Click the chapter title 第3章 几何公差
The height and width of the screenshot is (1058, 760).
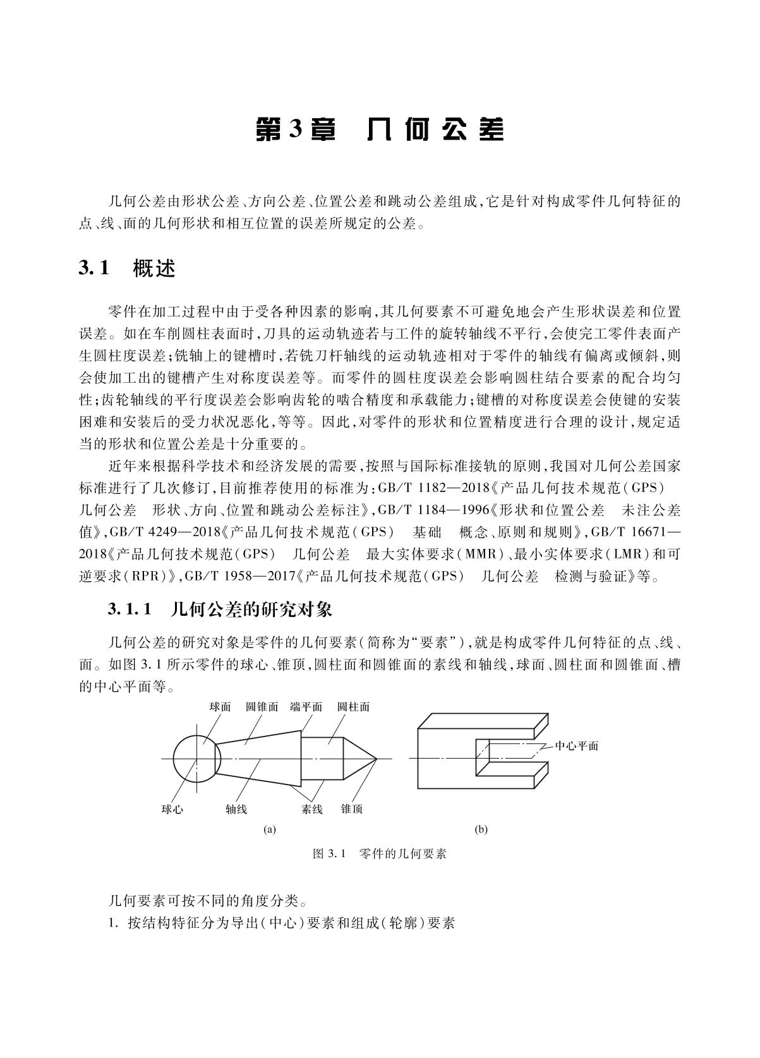(380, 129)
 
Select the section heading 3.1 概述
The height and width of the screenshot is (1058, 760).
(126, 268)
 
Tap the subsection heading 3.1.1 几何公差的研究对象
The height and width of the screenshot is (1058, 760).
(219, 610)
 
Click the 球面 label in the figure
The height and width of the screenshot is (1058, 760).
(220, 707)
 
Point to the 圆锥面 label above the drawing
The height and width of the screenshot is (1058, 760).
(262, 707)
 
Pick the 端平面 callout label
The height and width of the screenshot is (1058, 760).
(306, 707)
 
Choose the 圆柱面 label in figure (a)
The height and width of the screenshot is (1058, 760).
(353, 707)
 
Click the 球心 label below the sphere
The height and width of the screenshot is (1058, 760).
(172, 809)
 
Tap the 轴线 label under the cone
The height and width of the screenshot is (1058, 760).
(236, 809)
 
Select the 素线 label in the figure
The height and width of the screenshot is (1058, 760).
(312, 809)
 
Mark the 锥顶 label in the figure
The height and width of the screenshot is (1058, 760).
(352, 809)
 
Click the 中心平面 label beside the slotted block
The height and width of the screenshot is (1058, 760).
(576, 746)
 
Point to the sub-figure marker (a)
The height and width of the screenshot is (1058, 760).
(270, 830)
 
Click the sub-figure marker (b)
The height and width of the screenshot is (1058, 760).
(481, 830)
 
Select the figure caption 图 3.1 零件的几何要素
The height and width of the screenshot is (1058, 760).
(380, 854)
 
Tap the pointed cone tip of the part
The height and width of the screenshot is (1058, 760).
(375, 758)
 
